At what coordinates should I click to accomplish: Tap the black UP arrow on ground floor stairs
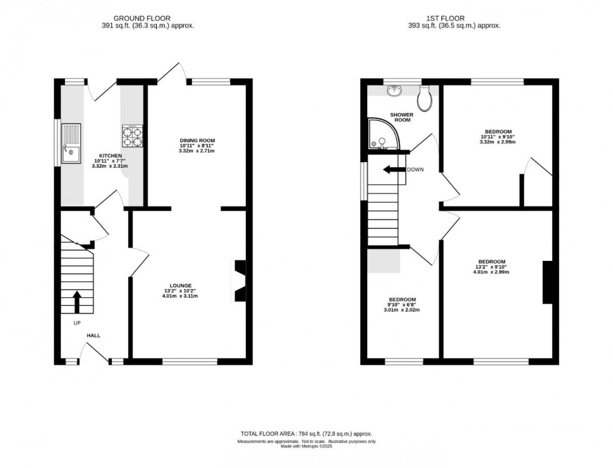78,301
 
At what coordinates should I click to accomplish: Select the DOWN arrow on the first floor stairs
393,170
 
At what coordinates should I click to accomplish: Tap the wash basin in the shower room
394,93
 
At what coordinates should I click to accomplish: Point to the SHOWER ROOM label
400,117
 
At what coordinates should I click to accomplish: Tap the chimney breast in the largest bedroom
547,282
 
